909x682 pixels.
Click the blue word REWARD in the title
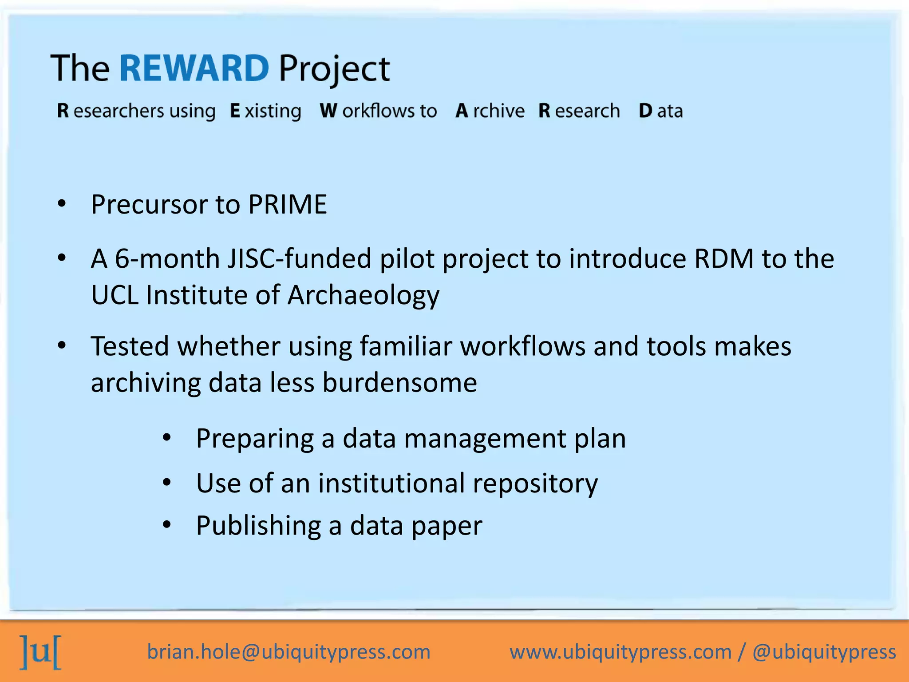[x=194, y=68]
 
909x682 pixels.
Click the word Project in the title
[x=334, y=69]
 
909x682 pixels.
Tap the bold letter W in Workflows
[x=328, y=111]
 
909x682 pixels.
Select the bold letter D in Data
[x=645, y=111]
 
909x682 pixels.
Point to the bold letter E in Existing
[x=235, y=111]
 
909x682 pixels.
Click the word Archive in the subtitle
[x=490, y=111]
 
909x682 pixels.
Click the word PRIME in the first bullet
[x=288, y=205]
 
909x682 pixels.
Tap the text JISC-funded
[x=299, y=258]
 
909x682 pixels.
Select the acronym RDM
[x=724, y=258]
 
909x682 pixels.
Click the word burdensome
[x=399, y=383]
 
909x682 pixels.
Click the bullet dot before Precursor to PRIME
[x=62, y=204]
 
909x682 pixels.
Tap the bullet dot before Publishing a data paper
[x=166, y=525]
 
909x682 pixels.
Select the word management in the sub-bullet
[x=485, y=439]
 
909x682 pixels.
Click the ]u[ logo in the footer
[x=41, y=652]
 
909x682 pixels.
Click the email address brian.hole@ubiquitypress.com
[x=289, y=652]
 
